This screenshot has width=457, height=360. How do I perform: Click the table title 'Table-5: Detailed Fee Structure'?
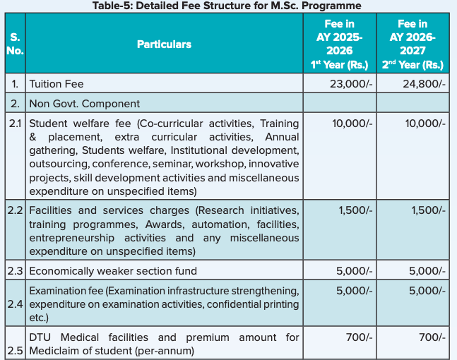pyautogui.click(x=227, y=6)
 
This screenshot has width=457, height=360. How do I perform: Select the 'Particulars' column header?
pyautogui.click(x=164, y=44)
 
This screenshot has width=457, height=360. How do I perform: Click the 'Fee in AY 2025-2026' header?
pyautogui.click(x=338, y=44)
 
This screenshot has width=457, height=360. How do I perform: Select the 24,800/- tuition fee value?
pyautogui.click(x=424, y=84)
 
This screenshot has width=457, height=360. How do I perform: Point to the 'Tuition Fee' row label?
pyautogui.click(x=57, y=84)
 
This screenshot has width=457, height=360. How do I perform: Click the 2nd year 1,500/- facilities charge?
pyautogui.click(x=427, y=211)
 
